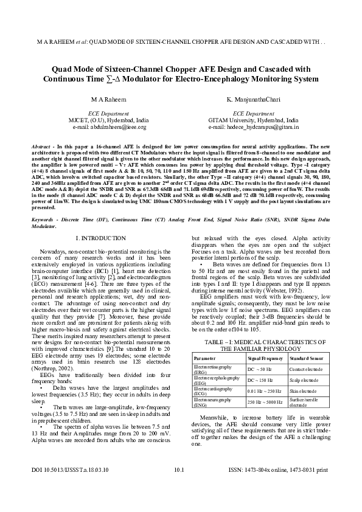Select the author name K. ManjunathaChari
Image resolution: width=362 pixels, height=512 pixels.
tap(254, 99)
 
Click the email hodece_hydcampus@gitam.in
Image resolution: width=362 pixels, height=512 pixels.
tap(254, 128)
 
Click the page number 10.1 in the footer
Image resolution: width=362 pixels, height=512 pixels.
tap(179, 486)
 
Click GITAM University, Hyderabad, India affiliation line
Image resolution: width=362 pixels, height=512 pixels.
tap(254, 120)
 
